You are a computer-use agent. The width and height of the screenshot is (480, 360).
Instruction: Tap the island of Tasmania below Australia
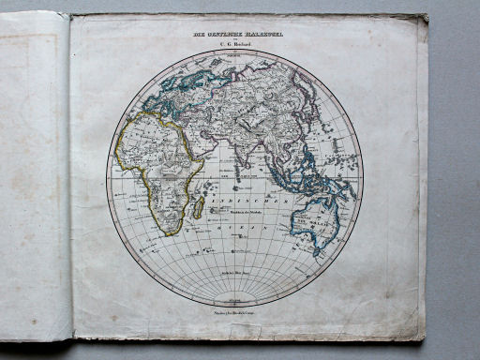(317, 250)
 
